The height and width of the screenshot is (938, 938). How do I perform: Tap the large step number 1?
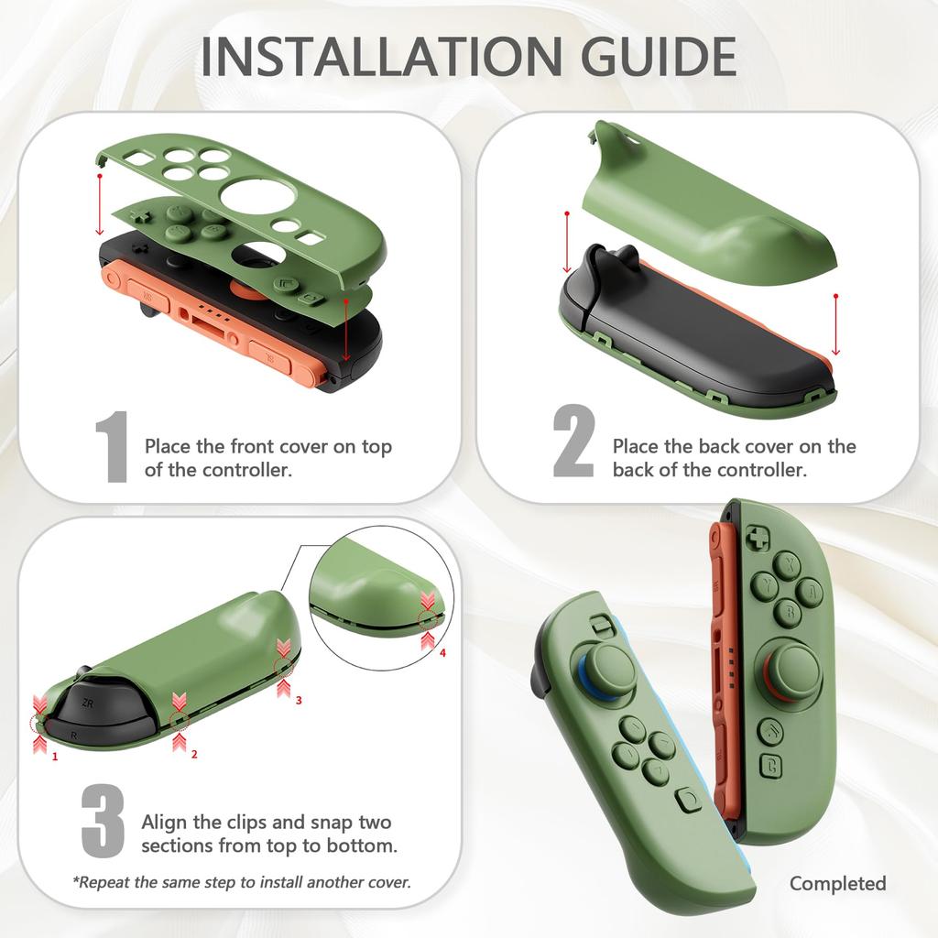pyautogui.click(x=113, y=448)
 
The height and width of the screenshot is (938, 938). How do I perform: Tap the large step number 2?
pyautogui.click(x=574, y=443)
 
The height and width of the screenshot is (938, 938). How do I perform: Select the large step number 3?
pyautogui.click(x=103, y=820)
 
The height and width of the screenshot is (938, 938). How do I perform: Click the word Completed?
pyautogui.click(x=837, y=884)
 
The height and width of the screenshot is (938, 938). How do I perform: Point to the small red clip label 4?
pyautogui.click(x=442, y=653)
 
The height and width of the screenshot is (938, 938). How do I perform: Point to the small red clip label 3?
pyautogui.click(x=298, y=700)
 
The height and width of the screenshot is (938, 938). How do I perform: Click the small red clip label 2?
pyautogui.click(x=193, y=755)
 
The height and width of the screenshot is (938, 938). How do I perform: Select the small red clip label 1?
pyautogui.click(x=55, y=758)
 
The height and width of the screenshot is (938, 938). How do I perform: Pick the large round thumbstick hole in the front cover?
pyautogui.click(x=256, y=195)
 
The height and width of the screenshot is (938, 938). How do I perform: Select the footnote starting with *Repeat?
pyautogui.click(x=242, y=883)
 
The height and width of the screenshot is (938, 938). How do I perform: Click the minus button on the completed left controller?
pyautogui.click(x=600, y=625)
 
